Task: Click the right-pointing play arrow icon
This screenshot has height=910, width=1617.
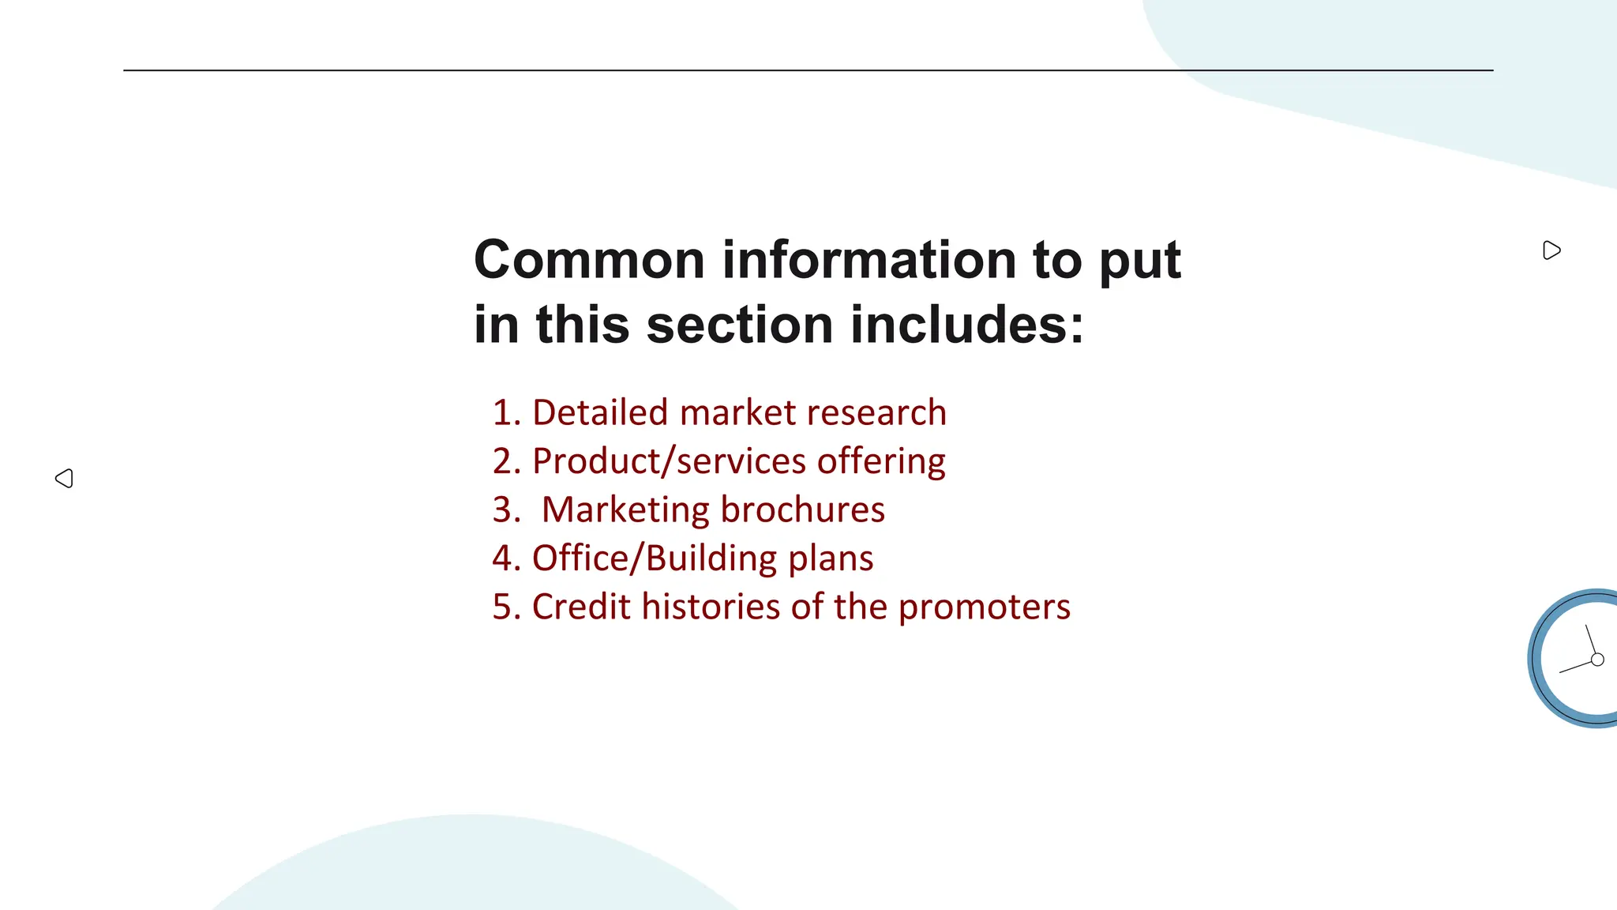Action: coord(1551,250)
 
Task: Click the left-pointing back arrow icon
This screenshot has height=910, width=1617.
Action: coord(65,478)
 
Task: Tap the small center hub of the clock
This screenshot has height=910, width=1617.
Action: coord(1597,660)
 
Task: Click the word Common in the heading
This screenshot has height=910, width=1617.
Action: coord(589,260)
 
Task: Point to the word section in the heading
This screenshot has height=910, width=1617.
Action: coord(740,325)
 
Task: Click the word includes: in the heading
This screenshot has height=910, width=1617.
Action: coord(967,325)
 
